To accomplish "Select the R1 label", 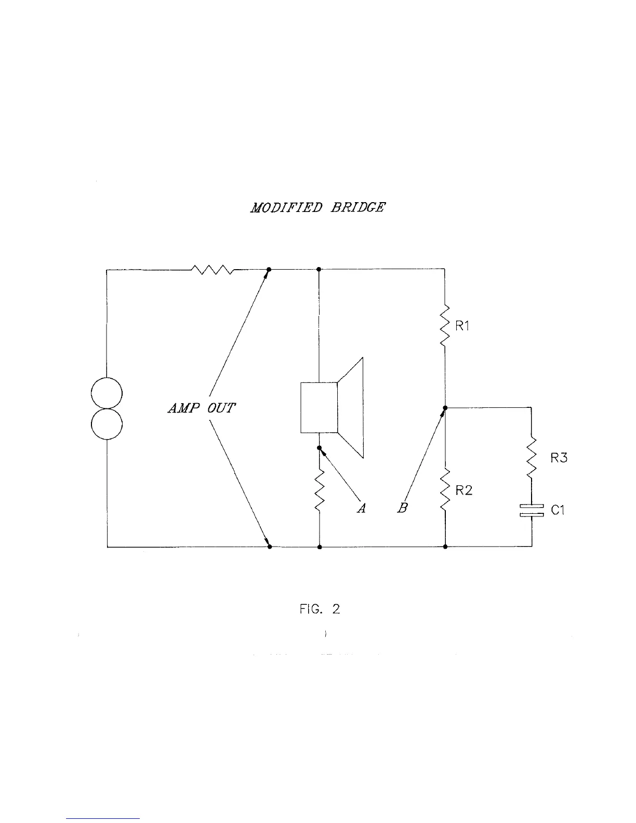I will tap(462, 326).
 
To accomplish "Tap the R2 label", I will tap(463, 490).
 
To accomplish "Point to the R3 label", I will tap(559, 458).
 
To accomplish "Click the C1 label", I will tap(558, 510).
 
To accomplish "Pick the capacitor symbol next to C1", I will tap(532, 510).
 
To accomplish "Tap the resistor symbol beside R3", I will tap(532, 458).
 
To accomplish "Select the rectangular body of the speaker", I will tap(319, 408).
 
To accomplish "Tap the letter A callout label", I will tap(362, 509).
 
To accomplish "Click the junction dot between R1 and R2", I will tap(445, 408).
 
